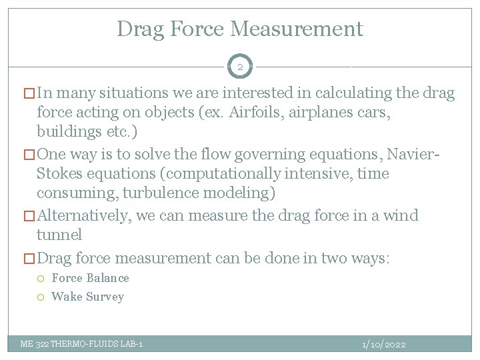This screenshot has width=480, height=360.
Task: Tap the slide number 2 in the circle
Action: point(240,67)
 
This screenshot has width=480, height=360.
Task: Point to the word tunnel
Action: point(59,234)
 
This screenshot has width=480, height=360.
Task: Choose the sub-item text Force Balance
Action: point(90,278)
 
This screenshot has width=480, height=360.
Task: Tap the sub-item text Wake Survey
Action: point(87,297)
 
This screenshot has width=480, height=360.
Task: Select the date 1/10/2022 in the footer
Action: point(383,344)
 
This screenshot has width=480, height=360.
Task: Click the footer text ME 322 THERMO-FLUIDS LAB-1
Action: point(81,344)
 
